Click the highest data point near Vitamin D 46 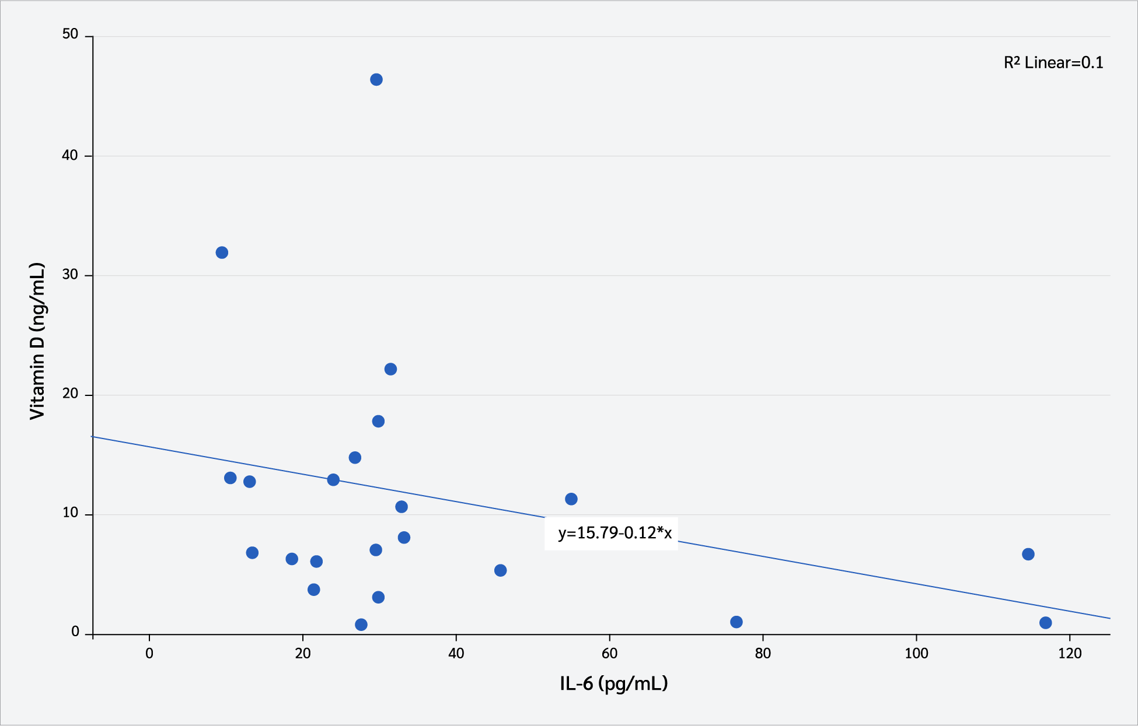[376, 80]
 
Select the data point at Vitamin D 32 [222, 252]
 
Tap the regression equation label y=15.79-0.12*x [615, 533]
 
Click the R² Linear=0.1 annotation [1053, 63]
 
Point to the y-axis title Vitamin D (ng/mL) [37, 341]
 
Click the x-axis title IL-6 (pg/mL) [613, 683]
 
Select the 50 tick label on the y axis [70, 34]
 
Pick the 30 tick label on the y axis [70, 274]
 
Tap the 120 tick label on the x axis [1070, 654]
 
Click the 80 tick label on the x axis [763, 654]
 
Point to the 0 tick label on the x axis [149, 654]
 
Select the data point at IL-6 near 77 [736, 622]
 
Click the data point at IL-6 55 [571, 499]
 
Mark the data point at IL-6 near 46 [500, 570]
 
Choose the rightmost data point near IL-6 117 [1046, 623]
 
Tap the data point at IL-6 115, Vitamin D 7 [1028, 555]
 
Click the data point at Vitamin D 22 [390, 369]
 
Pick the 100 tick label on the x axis [916, 654]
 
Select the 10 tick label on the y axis [70, 513]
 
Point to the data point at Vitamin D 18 [378, 422]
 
